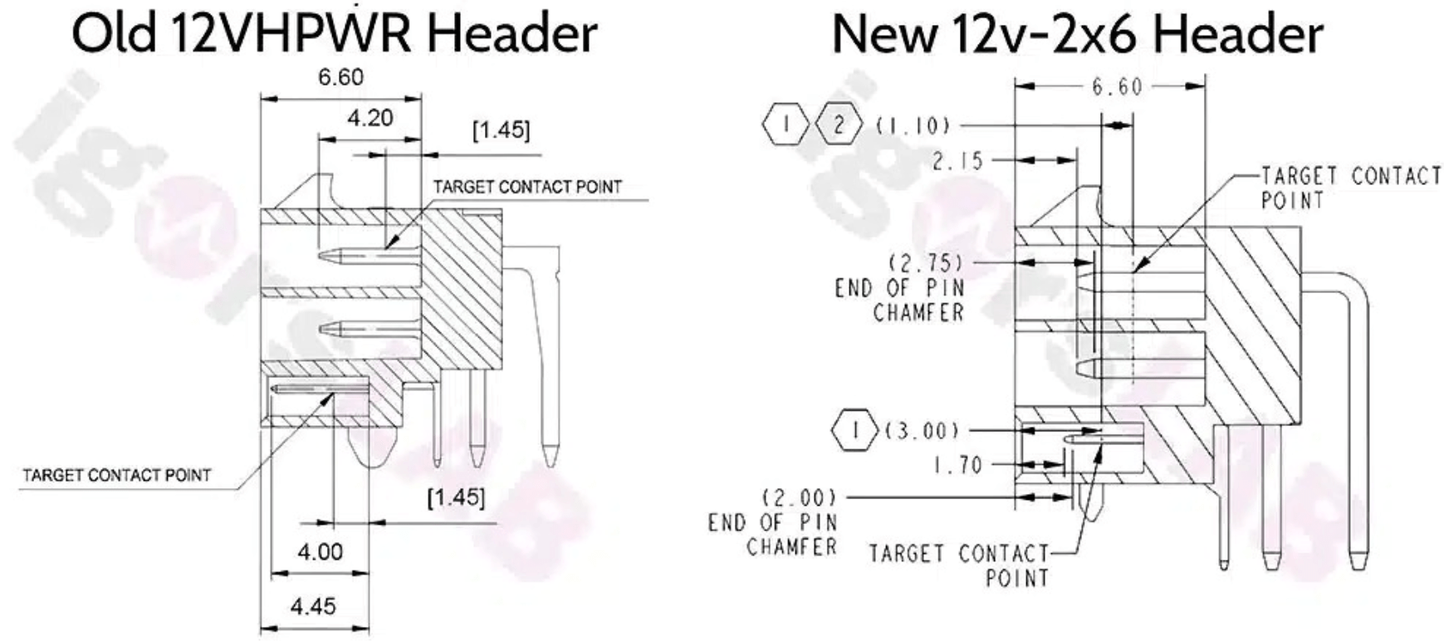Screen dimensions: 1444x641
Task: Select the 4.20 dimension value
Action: (370, 118)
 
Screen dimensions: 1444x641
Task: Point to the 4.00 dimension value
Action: (320, 551)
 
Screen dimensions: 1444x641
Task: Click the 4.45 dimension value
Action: (313, 606)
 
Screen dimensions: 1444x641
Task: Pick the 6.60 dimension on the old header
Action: (340, 77)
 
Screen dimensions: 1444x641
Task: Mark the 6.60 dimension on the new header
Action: (1117, 86)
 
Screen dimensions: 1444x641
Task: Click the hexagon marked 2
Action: (839, 125)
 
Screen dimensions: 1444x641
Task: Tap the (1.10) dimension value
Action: (913, 125)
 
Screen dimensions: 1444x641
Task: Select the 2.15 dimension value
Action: (957, 160)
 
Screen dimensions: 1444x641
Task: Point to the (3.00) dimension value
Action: (922, 430)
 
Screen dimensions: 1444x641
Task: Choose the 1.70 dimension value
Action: (957, 465)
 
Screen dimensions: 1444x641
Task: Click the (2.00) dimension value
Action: (799, 497)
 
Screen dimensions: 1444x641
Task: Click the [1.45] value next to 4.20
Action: (501, 130)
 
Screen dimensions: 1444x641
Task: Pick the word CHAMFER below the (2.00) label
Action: (792, 546)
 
